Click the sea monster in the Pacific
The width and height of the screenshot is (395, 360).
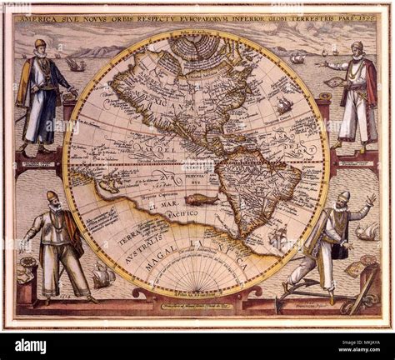click(200, 199)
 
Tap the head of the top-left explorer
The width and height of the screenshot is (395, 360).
click(40, 47)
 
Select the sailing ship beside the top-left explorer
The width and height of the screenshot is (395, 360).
click(75, 64)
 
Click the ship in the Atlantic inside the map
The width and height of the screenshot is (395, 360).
click(284, 104)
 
